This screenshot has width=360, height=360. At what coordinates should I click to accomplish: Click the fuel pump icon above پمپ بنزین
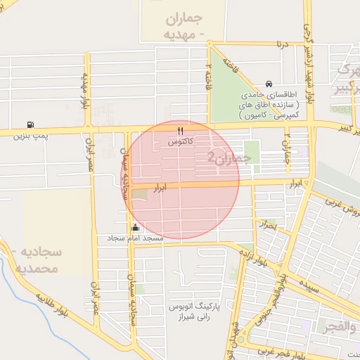29,124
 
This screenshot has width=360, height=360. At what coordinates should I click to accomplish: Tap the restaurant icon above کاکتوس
181,131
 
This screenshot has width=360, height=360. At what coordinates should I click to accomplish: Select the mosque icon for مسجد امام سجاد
135,228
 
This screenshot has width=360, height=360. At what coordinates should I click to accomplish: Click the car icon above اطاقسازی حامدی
269,83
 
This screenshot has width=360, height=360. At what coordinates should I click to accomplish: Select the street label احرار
268,226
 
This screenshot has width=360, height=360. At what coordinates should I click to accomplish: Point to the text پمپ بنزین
29,134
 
